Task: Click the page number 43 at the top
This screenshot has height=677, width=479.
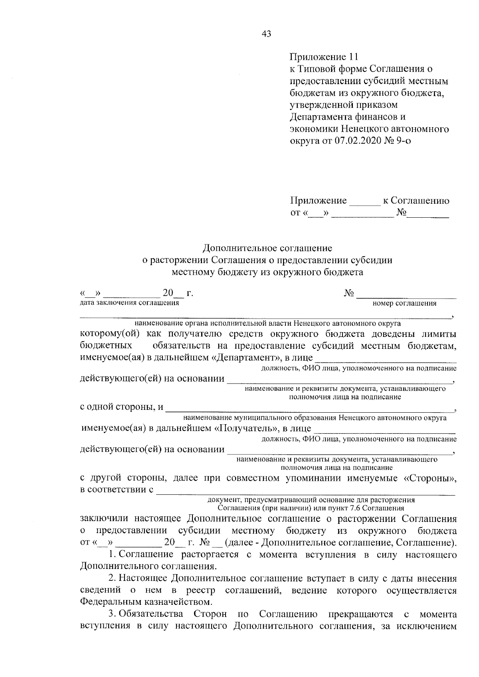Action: pos(266,34)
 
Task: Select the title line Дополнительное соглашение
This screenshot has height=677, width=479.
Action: pos(267,248)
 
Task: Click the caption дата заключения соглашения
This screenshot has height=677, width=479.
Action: pos(129,303)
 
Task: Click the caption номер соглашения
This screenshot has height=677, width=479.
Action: pos(404,304)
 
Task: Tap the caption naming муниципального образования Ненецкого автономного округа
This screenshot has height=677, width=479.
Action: pos(315,418)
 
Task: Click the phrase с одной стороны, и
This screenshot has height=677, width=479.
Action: pos(122,407)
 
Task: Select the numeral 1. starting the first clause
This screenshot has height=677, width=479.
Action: pos(112,555)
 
